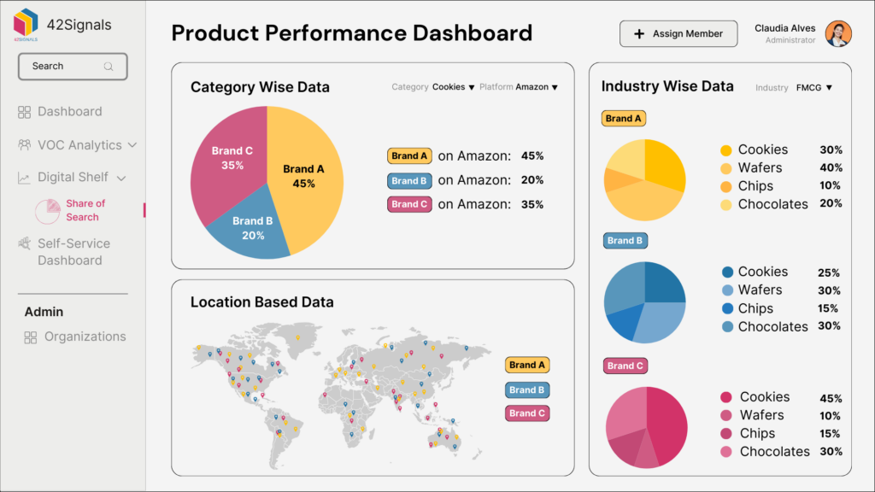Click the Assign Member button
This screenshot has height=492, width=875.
click(x=678, y=34)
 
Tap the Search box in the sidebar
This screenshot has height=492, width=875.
click(x=73, y=66)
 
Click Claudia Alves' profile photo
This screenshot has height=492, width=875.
click(x=838, y=34)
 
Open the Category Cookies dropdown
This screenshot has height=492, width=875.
click(x=453, y=87)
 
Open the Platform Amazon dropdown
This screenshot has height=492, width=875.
click(x=536, y=87)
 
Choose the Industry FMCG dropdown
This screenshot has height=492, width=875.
click(x=813, y=88)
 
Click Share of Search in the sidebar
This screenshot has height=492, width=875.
click(x=85, y=210)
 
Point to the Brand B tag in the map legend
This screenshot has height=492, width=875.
click(x=526, y=390)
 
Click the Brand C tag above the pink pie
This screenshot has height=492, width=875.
click(x=625, y=366)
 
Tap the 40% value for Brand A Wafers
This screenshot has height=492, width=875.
click(x=831, y=168)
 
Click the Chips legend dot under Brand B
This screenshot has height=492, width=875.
click(x=727, y=308)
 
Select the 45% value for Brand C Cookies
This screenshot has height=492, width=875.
click(x=831, y=398)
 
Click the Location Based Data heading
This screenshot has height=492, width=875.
click(x=261, y=302)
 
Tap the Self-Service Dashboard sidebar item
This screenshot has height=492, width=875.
click(x=73, y=252)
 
